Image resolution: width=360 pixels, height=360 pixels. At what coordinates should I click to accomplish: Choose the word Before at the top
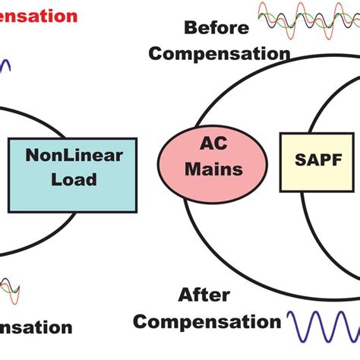pyautogui.click(x=217, y=28)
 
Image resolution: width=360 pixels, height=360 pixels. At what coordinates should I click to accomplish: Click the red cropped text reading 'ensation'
pyautogui.click(x=38, y=15)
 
